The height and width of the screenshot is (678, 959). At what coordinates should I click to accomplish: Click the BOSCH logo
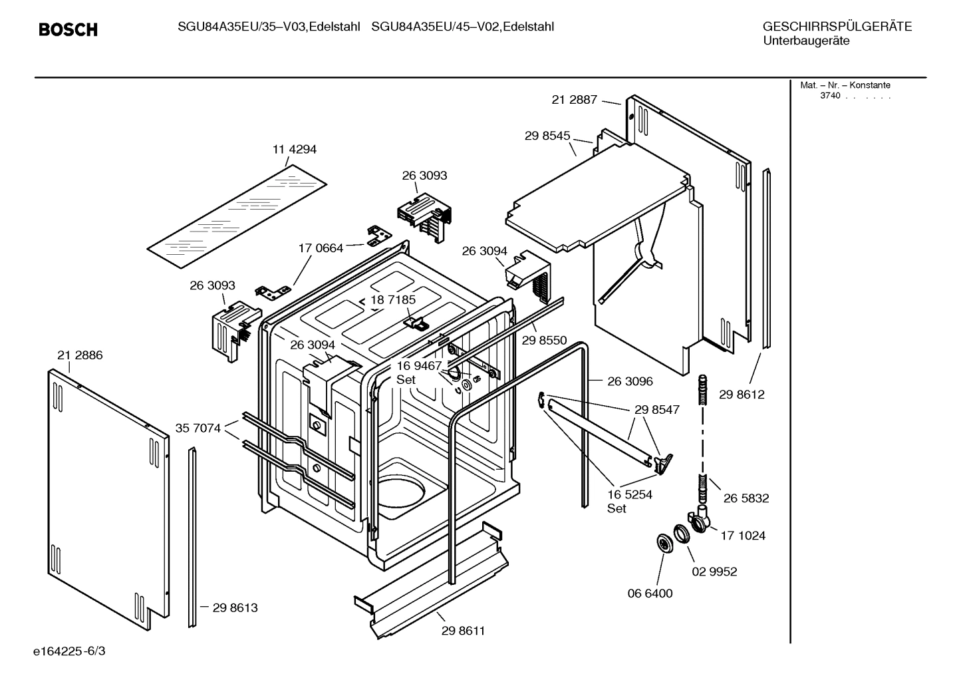(x=68, y=29)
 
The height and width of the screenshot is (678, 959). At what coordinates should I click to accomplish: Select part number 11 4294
(x=295, y=150)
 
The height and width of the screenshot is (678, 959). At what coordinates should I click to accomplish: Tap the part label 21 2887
(x=575, y=100)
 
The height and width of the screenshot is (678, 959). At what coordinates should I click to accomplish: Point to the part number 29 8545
(x=547, y=136)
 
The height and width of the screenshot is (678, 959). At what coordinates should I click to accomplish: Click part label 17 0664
(x=321, y=248)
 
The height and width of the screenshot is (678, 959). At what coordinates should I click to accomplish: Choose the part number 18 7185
(x=393, y=300)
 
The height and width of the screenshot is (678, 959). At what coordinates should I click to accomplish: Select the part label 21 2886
(x=80, y=355)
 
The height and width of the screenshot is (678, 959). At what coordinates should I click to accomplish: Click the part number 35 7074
(x=198, y=428)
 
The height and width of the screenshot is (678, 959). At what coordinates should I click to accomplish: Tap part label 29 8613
(x=235, y=607)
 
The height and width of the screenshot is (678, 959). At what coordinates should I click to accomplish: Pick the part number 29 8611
(x=464, y=631)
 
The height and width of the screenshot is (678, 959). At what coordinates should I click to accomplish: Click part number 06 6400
(x=650, y=593)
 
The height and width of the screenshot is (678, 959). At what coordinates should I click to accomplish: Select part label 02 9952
(x=714, y=572)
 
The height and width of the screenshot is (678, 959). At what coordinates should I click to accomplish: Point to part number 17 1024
(x=743, y=535)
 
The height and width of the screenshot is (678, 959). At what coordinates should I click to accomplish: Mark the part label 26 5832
(x=746, y=498)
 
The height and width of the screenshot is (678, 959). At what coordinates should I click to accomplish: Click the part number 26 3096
(x=630, y=381)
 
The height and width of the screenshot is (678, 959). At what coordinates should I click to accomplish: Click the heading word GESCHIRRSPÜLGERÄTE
(x=837, y=27)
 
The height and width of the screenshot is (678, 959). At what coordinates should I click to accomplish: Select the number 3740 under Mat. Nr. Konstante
(x=830, y=95)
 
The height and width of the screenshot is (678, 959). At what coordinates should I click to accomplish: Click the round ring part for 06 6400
(x=664, y=543)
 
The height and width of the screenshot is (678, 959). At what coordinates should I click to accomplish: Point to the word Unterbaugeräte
(x=805, y=41)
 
